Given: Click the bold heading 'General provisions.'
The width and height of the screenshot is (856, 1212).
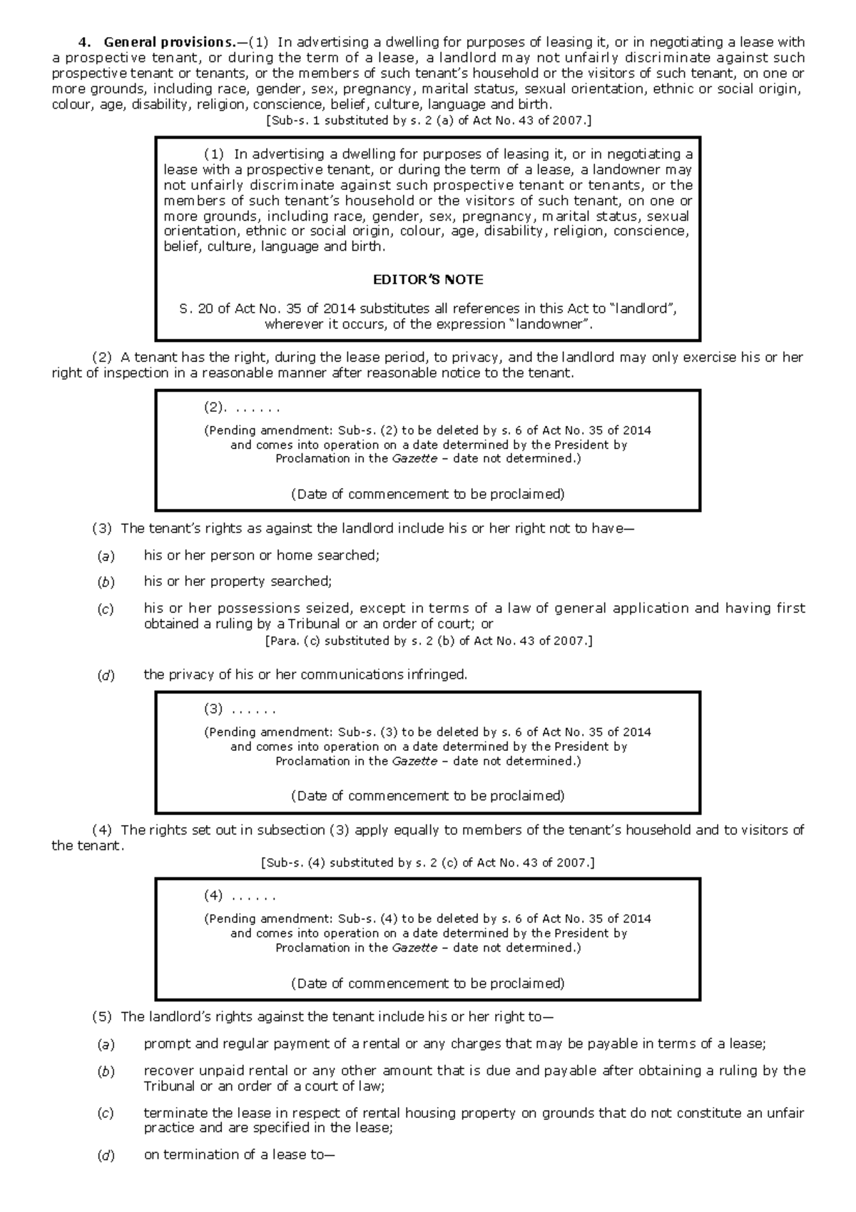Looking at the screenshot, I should (x=168, y=42).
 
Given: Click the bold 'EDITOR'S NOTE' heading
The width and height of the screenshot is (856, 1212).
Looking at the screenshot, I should (x=428, y=280).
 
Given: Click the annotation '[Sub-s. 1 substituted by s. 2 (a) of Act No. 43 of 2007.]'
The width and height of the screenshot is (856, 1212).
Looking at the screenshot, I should (x=428, y=121).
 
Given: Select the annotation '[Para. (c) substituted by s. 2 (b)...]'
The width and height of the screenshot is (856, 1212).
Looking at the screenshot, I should (x=428, y=641).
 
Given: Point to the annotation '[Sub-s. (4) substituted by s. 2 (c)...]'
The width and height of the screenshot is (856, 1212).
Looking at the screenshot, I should (x=428, y=863).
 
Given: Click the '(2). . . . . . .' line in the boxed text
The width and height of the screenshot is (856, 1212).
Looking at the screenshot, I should (x=242, y=408).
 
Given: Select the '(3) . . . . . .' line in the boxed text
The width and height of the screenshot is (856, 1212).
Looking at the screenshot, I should (x=240, y=709).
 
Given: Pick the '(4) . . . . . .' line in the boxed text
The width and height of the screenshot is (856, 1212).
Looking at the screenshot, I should (x=240, y=896).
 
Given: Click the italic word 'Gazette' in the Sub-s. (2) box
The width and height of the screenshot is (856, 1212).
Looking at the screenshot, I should (x=414, y=459).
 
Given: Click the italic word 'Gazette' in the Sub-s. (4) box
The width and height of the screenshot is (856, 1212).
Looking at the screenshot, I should (x=414, y=948).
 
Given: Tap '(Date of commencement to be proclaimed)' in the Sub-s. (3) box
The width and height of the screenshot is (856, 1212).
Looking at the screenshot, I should (x=428, y=796).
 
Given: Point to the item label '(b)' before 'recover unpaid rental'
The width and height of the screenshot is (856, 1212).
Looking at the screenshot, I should (x=106, y=1071).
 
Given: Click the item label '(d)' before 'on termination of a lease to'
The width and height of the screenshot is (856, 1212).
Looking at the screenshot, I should (x=106, y=1156).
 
